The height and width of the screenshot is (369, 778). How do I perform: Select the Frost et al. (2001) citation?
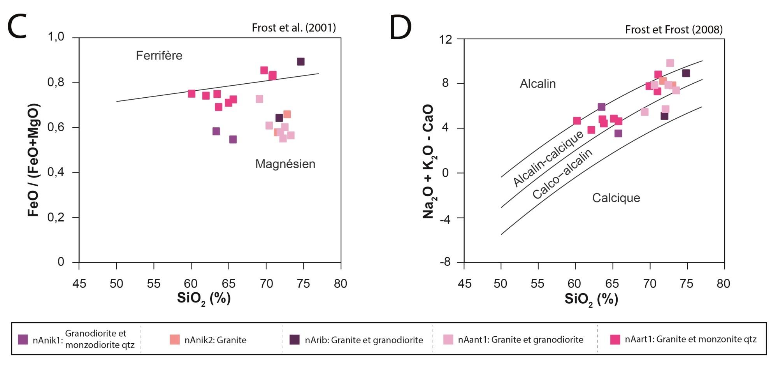coord(293,28)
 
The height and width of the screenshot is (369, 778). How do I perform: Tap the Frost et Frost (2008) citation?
coord(674,30)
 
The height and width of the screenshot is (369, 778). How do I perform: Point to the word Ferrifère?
coord(159,56)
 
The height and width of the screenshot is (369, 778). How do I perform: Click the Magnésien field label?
coord(285,164)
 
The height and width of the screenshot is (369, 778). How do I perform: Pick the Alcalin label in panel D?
coord(537,84)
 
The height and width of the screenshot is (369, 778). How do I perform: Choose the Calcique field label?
coord(616,198)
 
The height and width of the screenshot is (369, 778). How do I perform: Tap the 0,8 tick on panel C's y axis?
coord(56,83)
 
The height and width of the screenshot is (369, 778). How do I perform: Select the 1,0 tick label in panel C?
coord(56,37)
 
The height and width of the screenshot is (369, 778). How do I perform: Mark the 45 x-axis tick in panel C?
coord(79,283)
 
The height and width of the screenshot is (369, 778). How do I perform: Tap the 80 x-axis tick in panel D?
coord(723,283)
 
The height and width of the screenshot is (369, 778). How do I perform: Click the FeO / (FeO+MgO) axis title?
coord(34,160)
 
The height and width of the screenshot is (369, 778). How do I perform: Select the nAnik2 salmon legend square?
coord(175,340)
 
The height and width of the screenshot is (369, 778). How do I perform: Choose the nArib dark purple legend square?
coord(295,340)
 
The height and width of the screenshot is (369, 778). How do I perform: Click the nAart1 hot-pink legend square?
coord(615,339)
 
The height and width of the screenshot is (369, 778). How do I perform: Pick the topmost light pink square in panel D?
coord(670,63)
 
